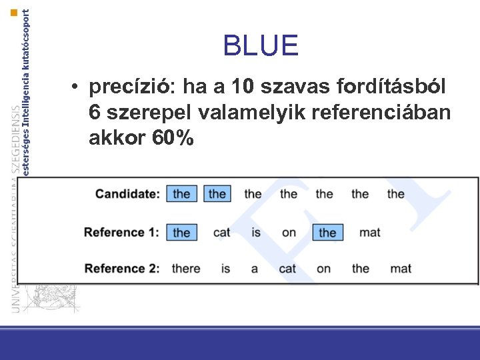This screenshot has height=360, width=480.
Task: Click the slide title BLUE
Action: [261, 45]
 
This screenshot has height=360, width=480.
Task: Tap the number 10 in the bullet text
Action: [243, 87]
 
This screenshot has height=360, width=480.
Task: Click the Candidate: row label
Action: [127, 194]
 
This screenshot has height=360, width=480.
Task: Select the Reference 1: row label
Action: [121, 232]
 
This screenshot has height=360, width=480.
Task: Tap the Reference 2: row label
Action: [121, 268]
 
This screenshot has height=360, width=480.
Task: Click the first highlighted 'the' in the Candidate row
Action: [181, 194]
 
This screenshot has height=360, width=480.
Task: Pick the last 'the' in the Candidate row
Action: [395, 194]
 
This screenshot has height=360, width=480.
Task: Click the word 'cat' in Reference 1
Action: [221, 233]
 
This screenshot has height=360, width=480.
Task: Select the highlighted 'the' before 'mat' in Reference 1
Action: [327, 233]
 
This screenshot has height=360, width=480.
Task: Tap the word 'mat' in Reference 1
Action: [369, 233]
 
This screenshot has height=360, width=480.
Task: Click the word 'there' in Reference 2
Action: [185, 269]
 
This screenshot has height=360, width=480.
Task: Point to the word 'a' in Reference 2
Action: [255, 269]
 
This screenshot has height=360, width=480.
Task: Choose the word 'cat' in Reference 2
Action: [287, 269]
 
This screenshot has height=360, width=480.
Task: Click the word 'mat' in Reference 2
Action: [400, 269]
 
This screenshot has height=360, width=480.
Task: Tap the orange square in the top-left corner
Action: [15, 13]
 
